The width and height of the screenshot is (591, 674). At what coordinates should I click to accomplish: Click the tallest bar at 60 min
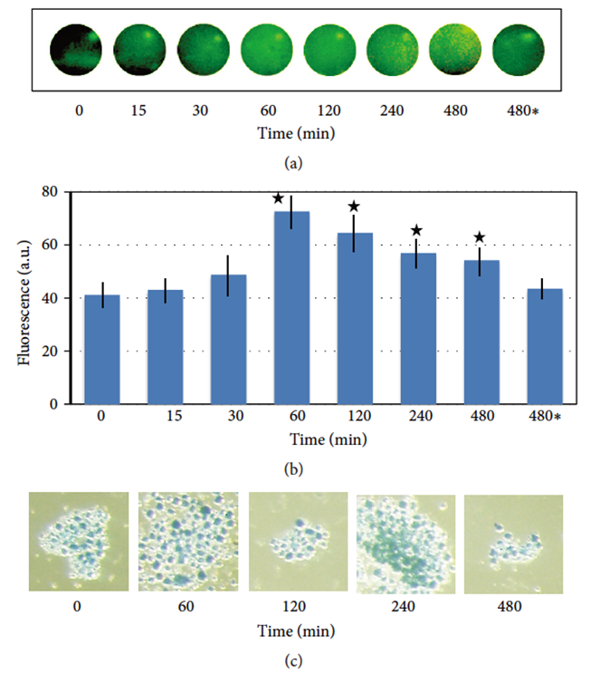click(291, 307)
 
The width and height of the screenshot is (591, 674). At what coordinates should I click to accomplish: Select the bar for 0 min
click(101, 349)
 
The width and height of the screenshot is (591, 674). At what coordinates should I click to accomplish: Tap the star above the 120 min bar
click(354, 207)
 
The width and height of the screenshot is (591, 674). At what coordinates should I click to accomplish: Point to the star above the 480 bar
click(480, 237)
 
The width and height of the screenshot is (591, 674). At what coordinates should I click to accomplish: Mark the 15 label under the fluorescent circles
click(139, 111)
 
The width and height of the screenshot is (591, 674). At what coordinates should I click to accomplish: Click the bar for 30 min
click(228, 339)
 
